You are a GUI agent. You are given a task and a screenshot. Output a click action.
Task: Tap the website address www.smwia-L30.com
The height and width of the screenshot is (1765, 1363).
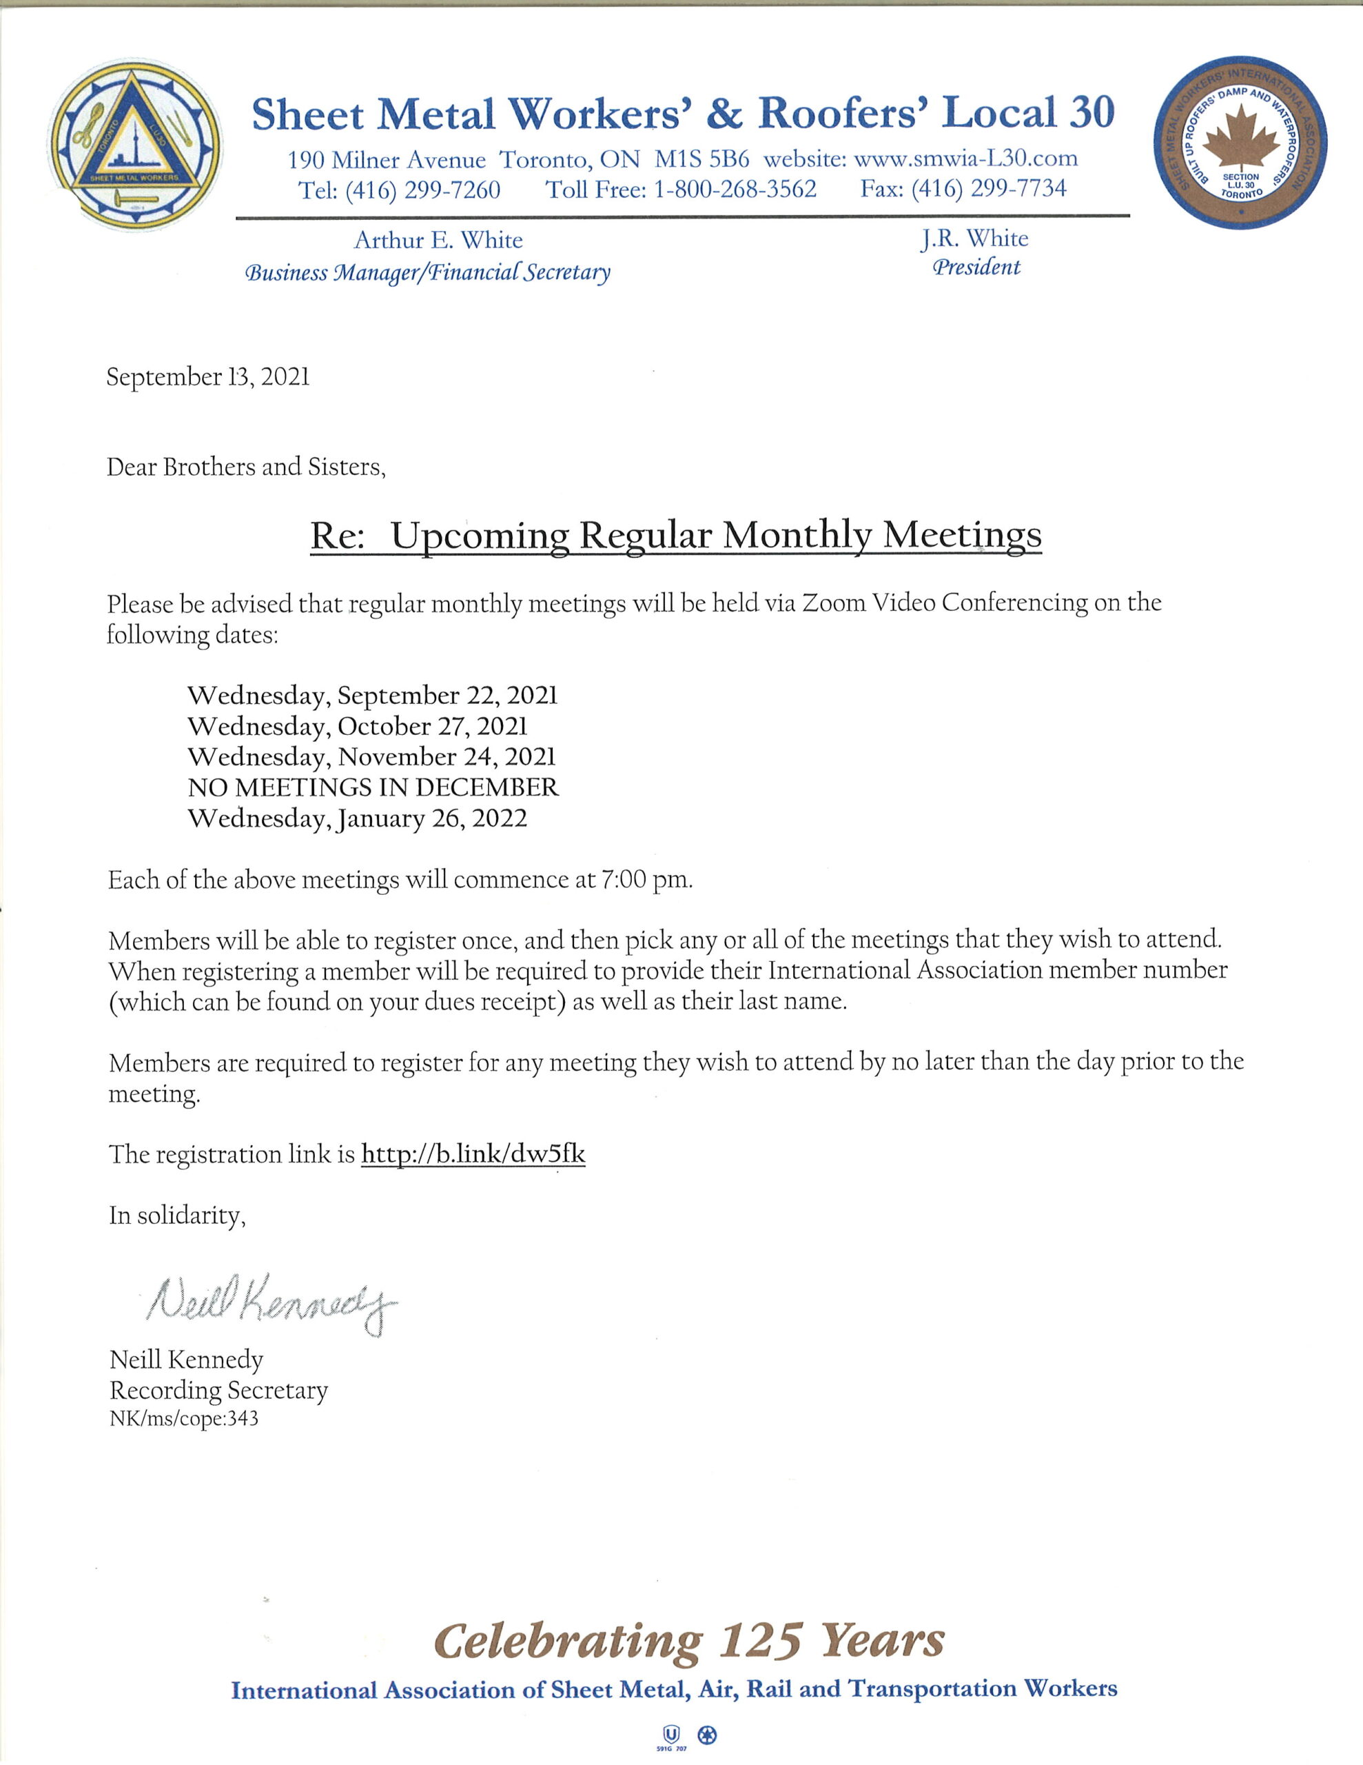click(x=965, y=158)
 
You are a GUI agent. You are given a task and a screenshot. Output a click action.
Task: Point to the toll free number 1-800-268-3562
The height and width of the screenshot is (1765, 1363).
click(x=735, y=190)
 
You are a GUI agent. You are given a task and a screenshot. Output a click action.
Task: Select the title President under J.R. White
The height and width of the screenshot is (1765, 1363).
click(x=976, y=268)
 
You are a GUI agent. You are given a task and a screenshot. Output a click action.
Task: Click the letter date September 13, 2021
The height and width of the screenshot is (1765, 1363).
click(x=207, y=377)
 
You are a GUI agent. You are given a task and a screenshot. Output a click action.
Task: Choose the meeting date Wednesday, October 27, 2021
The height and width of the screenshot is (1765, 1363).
click(x=357, y=726)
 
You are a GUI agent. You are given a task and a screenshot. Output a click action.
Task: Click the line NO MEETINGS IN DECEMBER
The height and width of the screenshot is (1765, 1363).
click(x=373, y=787)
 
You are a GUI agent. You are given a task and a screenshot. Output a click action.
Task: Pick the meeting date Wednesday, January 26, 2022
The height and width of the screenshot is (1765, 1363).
click(x=357, y=818)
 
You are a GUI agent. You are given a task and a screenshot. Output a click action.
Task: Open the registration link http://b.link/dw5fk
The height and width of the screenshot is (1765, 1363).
click(x=473, y=1153)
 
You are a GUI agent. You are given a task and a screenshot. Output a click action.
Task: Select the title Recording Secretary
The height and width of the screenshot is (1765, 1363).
click(x=218, y=1390)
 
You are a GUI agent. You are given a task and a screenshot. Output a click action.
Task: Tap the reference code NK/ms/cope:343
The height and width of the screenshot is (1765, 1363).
click(x=183, y=1419)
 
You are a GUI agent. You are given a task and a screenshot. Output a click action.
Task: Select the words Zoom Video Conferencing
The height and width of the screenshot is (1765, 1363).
click(x=945, y=603)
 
